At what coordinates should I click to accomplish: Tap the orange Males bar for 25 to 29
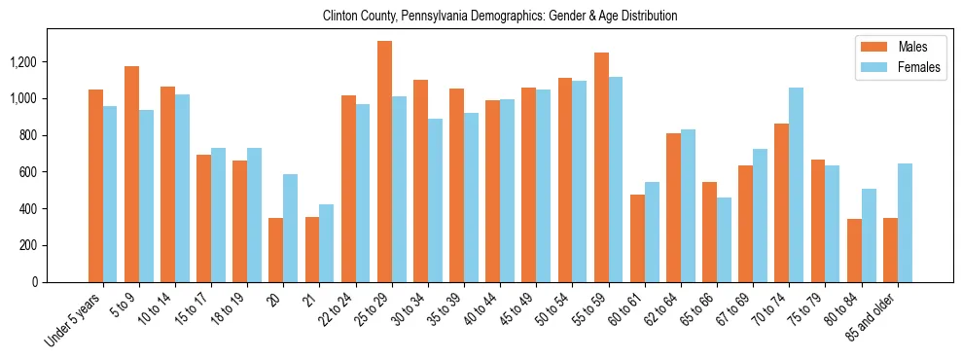[384, 162]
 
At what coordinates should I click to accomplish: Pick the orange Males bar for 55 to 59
[601, 167]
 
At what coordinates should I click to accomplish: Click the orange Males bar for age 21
[312, 250]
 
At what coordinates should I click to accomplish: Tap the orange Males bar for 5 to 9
[131, 174]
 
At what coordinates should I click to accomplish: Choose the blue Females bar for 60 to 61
[652, 233]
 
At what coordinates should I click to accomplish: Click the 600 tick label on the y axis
[28, 172]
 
